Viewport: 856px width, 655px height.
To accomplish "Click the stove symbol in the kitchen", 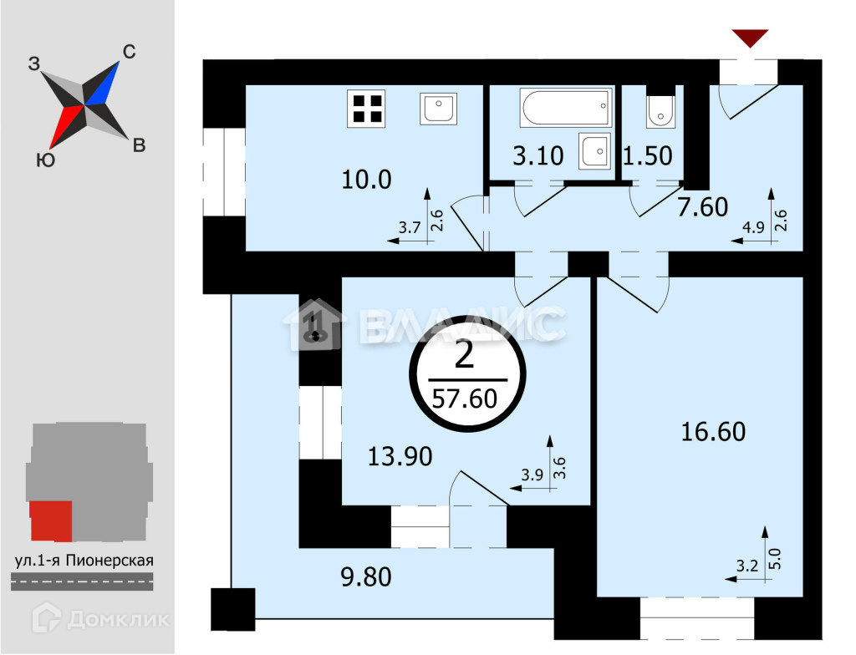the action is coord(367,109).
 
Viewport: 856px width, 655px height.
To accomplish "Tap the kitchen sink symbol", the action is coord(438,109).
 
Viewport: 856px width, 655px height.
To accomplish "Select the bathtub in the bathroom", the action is coord(565,108).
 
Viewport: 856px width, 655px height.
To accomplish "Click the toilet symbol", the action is coord(660,109).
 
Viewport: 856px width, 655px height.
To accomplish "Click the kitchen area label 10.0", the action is coord(367,179).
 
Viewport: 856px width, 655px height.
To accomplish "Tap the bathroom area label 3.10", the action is coord(538,155).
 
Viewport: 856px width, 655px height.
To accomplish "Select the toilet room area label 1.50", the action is coord(650,155).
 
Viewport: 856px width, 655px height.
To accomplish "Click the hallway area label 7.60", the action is coord(704,206).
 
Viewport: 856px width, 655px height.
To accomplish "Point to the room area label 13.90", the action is coord(400,456).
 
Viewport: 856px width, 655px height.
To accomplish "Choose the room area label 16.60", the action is coord(712,432).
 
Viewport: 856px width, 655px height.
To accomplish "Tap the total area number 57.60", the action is coord(464,398).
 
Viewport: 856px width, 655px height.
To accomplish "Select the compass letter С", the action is coord(129,52).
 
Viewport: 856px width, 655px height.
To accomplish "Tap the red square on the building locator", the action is coord(51,520).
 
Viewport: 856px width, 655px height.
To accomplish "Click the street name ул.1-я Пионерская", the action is coord(84,561).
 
